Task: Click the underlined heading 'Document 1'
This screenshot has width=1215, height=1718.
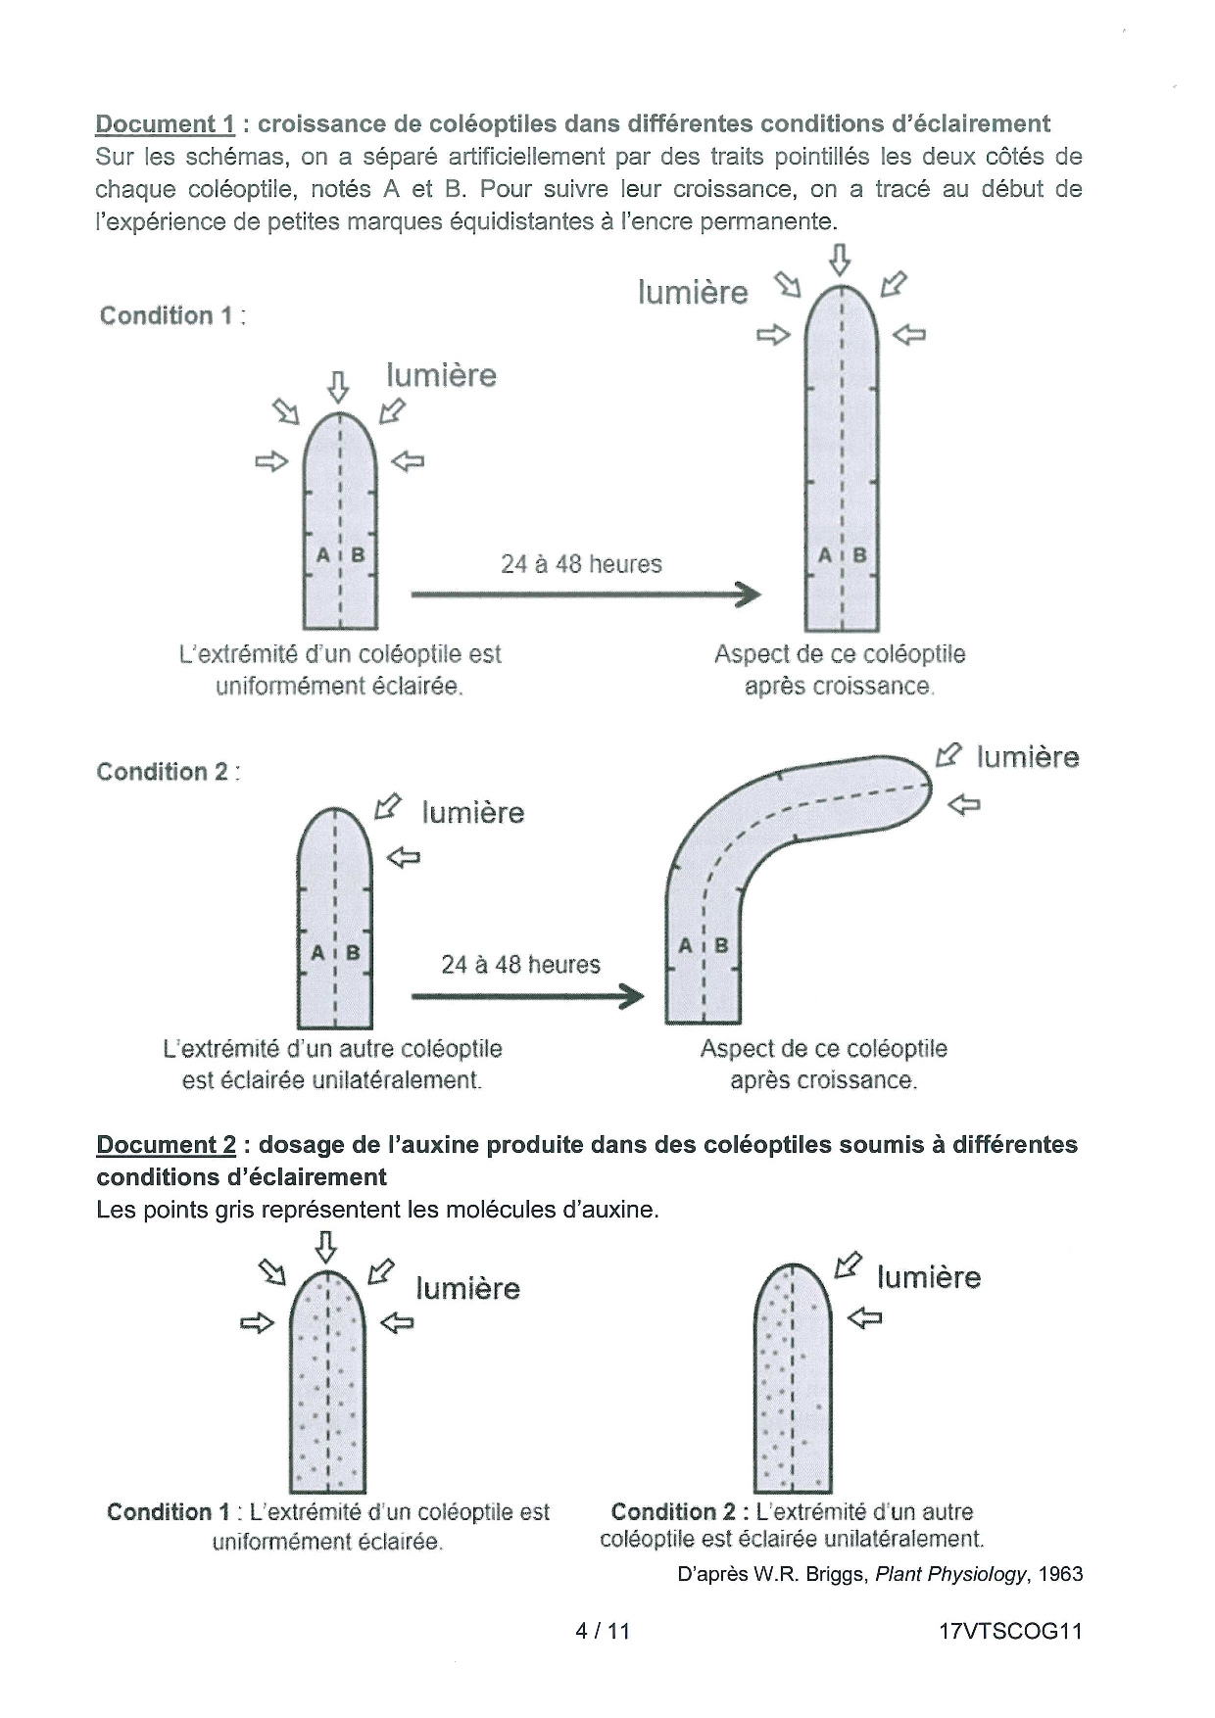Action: coord(165,124)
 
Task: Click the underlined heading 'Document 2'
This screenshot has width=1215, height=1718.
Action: coord(166,1145)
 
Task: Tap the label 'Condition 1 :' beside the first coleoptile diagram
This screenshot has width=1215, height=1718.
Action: coord(172,315)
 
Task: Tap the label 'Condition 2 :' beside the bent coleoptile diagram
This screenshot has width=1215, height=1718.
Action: coord(169,772)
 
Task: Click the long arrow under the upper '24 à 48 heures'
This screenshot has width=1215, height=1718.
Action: coord(586,594)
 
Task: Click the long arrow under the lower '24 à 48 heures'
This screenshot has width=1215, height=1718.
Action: coord(528,996)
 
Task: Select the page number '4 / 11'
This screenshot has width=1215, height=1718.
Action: coord(603,1631)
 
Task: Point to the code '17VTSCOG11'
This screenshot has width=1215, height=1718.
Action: coord(1009,1631)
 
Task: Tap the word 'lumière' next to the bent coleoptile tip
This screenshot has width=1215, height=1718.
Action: coord(1028,757)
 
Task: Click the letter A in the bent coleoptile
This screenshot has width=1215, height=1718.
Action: coord(686,945)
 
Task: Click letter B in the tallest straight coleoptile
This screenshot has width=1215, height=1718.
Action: coord(859,555)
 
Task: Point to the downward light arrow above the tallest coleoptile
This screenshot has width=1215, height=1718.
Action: coord(840,261)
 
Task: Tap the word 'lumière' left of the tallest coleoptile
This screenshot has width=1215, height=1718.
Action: coord(693,293)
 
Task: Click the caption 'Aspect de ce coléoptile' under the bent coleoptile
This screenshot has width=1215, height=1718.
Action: coord(824,1049)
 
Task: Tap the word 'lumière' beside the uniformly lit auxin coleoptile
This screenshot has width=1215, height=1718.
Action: coord(468,1288)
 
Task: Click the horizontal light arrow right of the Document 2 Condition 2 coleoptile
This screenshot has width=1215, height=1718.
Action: coord(864,1319)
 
